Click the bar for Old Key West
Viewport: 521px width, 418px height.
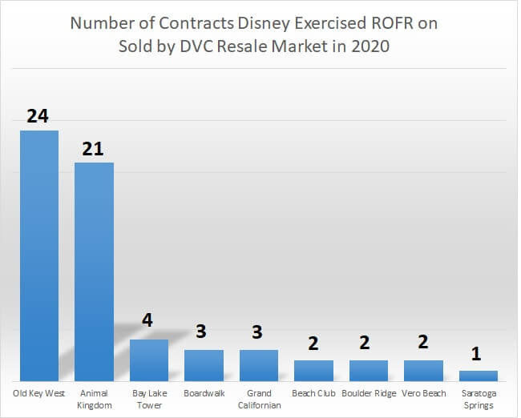click(39, 255)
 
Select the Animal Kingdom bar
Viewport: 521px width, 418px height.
click(94, 271)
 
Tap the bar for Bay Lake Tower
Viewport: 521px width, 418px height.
click(149, 360)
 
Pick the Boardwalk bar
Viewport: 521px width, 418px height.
click(204, 365)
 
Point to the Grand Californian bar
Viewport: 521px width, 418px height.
click(259, 365)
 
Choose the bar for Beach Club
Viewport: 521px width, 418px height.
click(313, 370)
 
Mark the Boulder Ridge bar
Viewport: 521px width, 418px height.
click(369, 370)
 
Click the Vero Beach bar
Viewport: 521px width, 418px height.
click(423, 370)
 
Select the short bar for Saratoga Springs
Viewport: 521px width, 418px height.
click(479, 375)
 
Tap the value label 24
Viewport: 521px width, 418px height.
click(38, 116)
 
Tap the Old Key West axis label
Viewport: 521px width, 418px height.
click(39, 393)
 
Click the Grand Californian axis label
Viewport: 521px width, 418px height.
click(259, 399)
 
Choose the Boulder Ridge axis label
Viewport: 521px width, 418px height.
click(369, 393)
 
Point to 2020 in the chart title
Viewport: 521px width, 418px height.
click(370, 46)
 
